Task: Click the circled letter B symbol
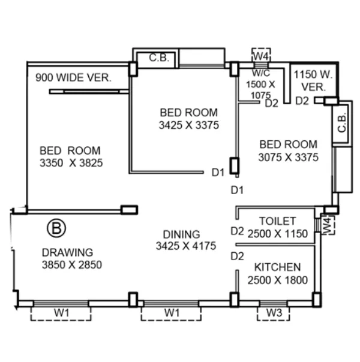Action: (56, 228)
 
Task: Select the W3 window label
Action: (274, 312)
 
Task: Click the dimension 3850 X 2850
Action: (71, 264)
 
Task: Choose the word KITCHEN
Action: (277, 267)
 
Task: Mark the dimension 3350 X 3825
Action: (70, 164)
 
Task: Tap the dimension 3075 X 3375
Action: (288, 158)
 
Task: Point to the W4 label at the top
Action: (260, 56)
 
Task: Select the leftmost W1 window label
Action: (61, 312)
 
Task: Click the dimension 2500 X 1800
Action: (277, 280)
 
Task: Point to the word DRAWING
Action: (67, 252)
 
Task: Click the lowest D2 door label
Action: (237, 257)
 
